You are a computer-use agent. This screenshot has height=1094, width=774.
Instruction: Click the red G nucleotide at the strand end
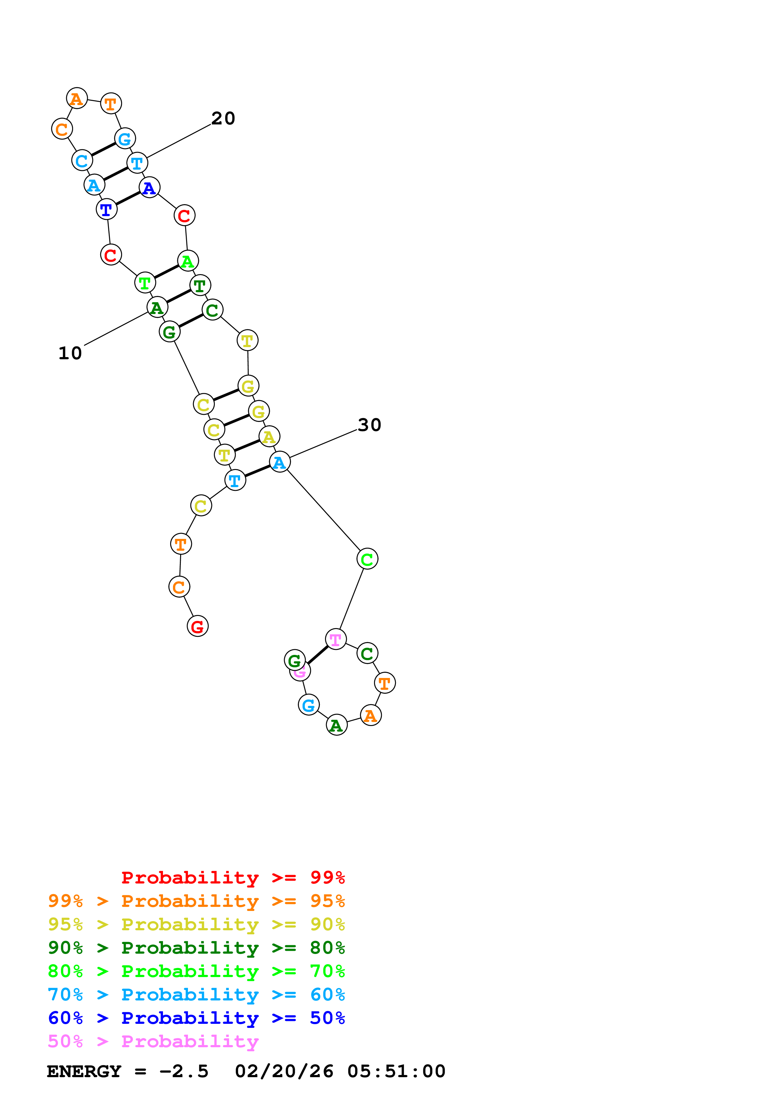[x=197, y=626]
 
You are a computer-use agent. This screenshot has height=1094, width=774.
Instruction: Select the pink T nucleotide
[x=336, y=639]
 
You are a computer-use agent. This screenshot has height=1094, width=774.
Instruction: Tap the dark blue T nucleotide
[x=106, y=209]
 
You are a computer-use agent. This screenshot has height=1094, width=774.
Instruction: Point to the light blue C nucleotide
[x=82, y=161]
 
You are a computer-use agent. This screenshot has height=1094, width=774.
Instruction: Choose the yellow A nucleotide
[x=269, y=437]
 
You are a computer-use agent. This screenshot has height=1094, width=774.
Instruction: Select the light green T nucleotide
[x=145, y=283]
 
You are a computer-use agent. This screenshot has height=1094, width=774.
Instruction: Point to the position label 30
[x=370, y=424]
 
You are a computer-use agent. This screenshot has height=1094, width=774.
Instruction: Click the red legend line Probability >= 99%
[x=233, y=877]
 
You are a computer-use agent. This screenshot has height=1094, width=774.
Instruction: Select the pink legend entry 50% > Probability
[x=153, y=1042]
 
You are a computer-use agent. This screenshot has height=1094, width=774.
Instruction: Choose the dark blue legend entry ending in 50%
[x=196, y=1018]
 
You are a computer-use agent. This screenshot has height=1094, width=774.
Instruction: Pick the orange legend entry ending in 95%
[x=196, y=901]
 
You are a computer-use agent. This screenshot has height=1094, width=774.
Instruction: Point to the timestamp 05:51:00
[x=396, y=1072]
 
